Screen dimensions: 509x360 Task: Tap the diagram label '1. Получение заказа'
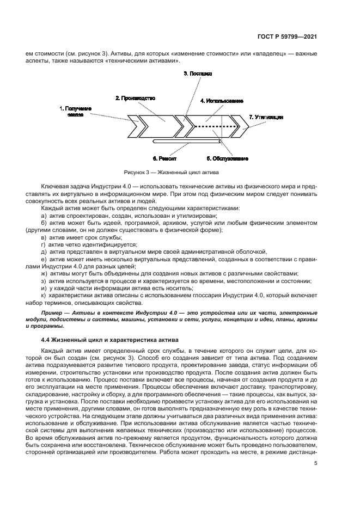(x=75, y=112)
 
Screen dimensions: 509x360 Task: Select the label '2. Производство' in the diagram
(x=135, y=98)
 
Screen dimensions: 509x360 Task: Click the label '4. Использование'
(x=221, y=101)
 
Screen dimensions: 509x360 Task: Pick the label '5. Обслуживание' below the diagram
(x=227, y=159)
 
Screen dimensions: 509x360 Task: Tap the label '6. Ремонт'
(x=163, y=159)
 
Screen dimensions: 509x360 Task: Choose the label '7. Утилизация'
(x=266, y=117)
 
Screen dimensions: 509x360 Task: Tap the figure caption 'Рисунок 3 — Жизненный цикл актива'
(x=171, y=173)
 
